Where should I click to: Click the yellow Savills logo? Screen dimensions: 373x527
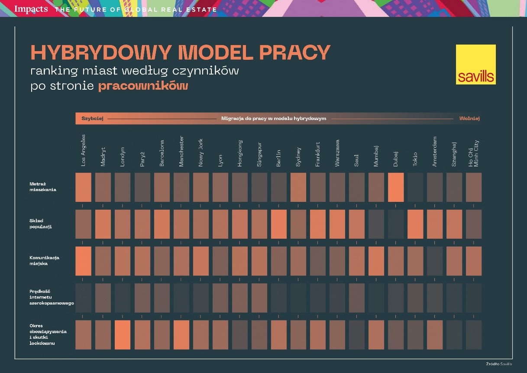[475, 64]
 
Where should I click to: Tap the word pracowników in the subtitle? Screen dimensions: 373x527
[143, 86]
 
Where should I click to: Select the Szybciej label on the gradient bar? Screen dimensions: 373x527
[92, 118]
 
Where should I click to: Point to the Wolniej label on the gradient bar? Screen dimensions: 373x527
[469, 118]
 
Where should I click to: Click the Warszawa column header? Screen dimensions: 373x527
[337, 152]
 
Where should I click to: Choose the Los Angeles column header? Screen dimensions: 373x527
[84, 150]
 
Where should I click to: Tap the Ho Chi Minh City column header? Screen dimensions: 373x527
[474, 153]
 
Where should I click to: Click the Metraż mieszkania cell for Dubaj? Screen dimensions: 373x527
[396, 187]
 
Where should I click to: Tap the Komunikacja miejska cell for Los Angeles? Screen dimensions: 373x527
[84, 261]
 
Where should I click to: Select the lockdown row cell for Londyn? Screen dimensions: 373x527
[123, 334]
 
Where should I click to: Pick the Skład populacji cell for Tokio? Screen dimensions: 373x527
[415, 224]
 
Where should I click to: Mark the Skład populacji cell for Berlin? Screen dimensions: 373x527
[278, 224]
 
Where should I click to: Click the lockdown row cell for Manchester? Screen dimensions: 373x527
[181, 334]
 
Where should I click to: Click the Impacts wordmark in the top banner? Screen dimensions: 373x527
[31, 9]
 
